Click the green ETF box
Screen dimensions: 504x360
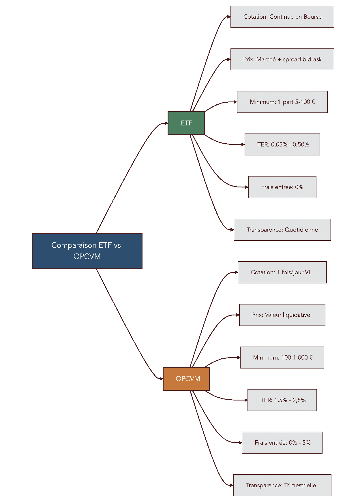(186, 123)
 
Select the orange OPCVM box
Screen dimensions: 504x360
(186, 379)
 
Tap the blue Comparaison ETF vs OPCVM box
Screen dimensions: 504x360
(87, 251)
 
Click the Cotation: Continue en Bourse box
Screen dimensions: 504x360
(282, 17)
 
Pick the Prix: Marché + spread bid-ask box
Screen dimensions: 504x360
(282, 59)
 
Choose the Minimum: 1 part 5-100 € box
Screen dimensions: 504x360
(282, 102)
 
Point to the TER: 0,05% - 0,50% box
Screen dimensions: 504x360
(282, 144)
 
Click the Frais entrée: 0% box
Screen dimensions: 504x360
(282, 187)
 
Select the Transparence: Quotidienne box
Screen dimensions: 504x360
(282, 230)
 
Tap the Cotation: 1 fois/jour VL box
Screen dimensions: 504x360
(282, 272)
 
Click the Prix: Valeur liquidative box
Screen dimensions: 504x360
(282, 315)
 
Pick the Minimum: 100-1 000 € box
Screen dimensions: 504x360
(282, 358)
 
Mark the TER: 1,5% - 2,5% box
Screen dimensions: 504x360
(282, 400)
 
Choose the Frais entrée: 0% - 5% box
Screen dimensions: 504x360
(282, 443)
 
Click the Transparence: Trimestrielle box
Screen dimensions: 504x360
(282, 485)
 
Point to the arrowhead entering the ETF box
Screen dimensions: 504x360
(166, 123)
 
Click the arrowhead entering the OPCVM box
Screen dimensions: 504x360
(161, 379)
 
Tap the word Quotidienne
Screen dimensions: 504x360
(301, 230)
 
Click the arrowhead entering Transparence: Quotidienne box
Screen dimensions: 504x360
(232, 230)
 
